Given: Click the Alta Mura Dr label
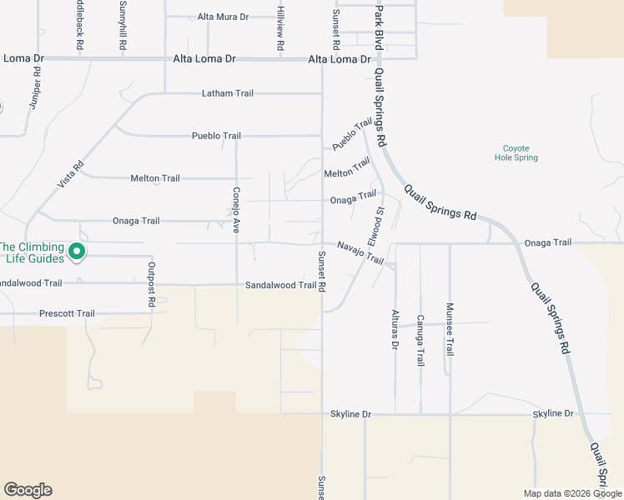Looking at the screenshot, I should (223, 17).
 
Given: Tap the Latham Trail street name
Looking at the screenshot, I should (227, 93).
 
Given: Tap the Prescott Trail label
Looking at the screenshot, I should (67, 313).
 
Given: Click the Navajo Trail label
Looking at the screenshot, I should (360, 252).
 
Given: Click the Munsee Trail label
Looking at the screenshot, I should (450, 329).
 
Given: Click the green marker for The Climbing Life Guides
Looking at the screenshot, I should (77, 251).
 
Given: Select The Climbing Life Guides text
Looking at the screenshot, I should (32, 252).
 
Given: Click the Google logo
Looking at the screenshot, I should (28, 490).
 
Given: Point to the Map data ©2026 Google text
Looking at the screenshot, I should (572, 493).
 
